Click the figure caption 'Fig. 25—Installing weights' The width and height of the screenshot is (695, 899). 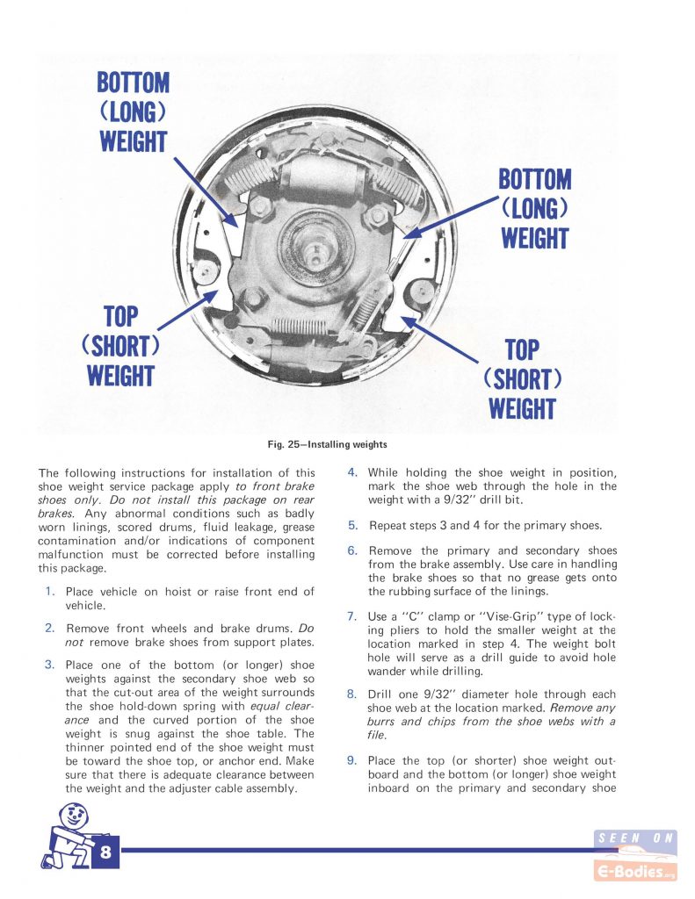327,444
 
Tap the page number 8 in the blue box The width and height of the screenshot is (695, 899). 105,852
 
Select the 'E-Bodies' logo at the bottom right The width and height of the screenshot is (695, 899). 636,872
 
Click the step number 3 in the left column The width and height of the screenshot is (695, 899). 50,665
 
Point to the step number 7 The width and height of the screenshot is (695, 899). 351,616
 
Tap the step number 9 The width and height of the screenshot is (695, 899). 351,760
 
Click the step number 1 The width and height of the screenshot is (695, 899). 50,591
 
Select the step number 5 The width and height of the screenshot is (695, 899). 352,525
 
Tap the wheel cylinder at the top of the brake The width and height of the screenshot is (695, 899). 325,176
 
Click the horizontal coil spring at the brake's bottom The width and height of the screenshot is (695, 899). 299,327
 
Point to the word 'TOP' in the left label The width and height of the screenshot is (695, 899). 121,316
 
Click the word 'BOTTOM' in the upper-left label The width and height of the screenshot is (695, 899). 134,83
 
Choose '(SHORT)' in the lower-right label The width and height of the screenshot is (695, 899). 522,379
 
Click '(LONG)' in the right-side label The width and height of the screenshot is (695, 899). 535,209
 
